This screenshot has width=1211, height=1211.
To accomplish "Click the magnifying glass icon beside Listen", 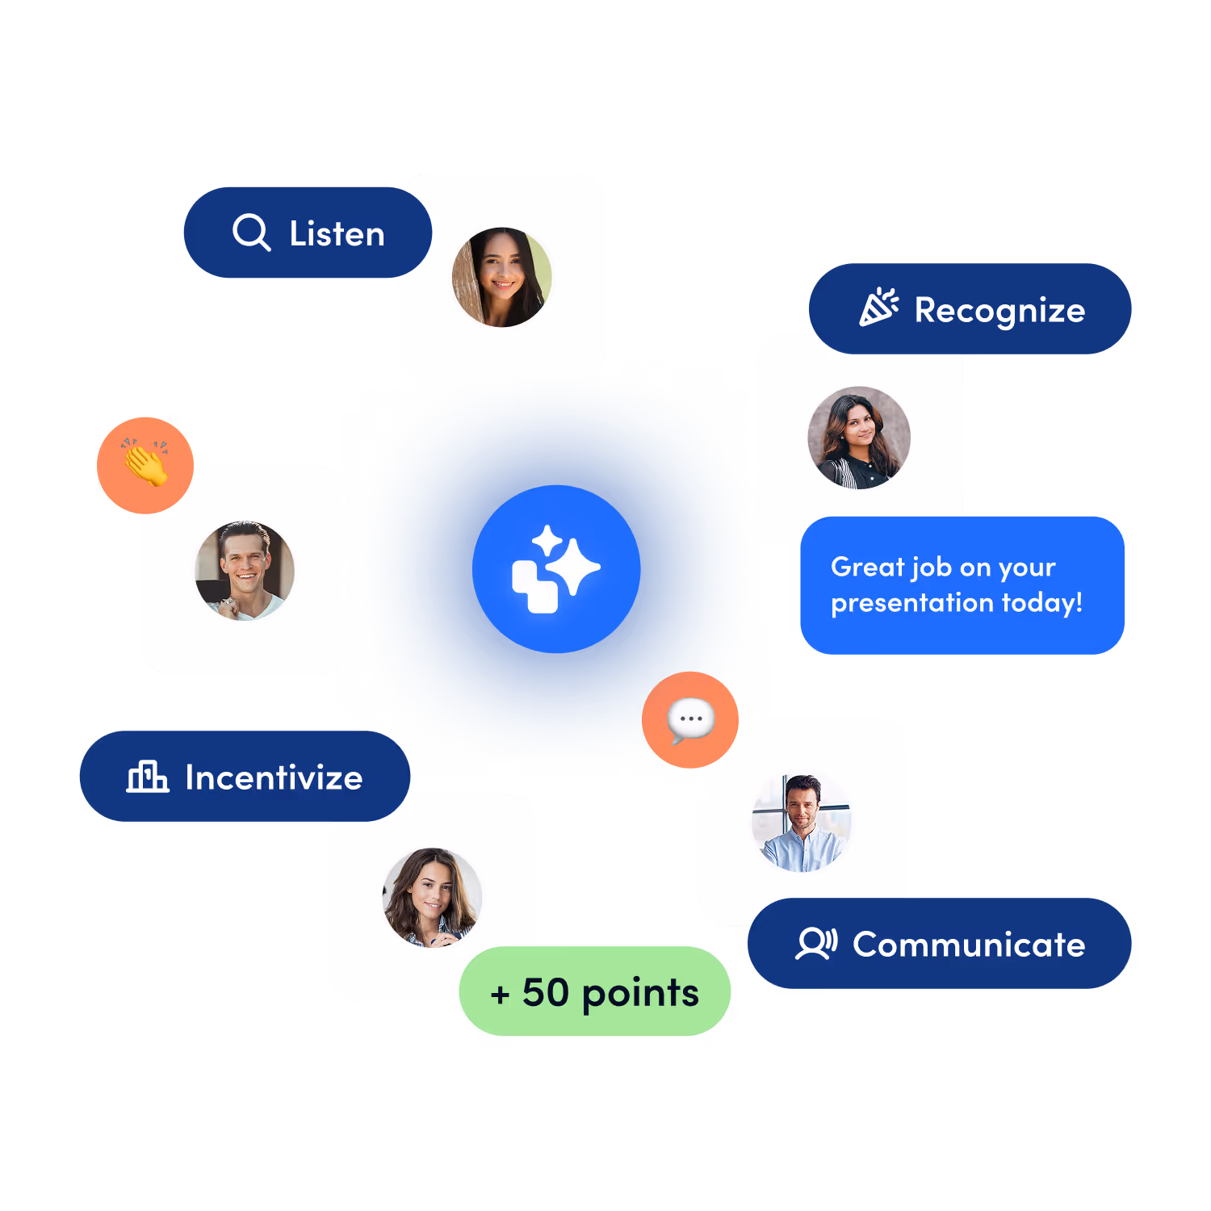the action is click(251, 233).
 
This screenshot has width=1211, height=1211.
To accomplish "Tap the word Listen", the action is click(337, 234).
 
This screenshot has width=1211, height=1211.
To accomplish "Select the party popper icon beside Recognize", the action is click(878, 308).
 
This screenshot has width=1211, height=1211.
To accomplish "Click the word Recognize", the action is click(999, 311).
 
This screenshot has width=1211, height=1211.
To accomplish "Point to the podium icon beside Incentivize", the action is click(147, 777).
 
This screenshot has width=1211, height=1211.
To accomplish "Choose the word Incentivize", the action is click(274, 777).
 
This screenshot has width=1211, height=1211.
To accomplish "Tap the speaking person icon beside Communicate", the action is click(816, 943).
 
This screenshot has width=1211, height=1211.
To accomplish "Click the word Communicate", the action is click(969, 945).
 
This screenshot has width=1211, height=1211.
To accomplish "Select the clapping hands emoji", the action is click(145, 465).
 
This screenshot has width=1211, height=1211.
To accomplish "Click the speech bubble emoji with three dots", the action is click(690, 719).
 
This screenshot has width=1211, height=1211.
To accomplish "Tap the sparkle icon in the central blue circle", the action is click(556, 568).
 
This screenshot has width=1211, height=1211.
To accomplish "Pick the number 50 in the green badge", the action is click(546, 992).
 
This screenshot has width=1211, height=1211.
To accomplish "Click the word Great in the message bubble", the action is click(867, 567).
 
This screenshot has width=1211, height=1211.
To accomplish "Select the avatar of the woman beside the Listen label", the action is click(502, 277).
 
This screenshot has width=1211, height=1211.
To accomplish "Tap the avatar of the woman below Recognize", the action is click(859, 438).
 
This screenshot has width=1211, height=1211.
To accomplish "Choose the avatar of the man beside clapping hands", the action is click(245, 571).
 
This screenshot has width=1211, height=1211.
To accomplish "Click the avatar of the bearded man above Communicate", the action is click(802, 823).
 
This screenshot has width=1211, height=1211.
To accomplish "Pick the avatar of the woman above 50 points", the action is click(432, 897).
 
